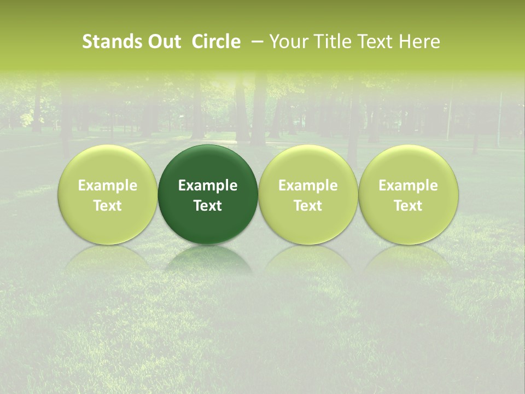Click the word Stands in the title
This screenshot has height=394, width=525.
click(112, 42)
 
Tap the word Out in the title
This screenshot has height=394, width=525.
click(164, 42)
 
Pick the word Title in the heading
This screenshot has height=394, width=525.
click(331, 42)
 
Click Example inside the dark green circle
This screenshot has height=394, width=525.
click(208, 186)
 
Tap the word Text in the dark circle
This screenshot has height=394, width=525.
click(208, 206)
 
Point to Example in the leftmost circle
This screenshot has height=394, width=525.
click(108, 186)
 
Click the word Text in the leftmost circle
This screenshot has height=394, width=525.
click(108, 206)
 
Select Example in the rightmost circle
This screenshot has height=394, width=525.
click(409, 186)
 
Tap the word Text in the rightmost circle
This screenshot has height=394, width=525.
click(409, 206)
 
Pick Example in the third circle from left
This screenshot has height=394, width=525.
click(308, 186)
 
